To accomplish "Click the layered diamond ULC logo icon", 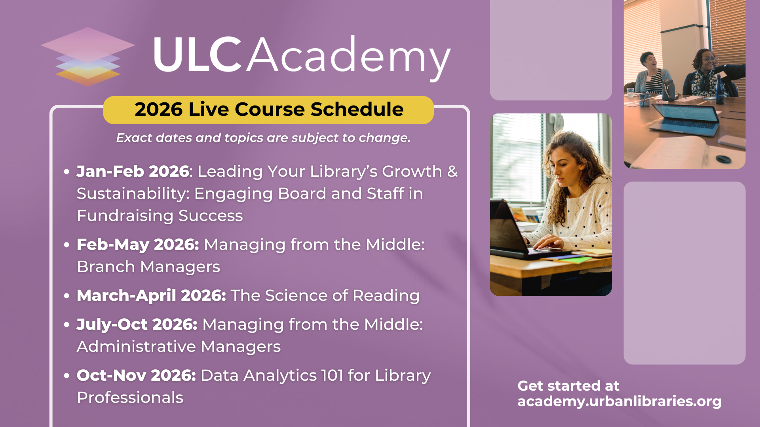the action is [x=88, y=57].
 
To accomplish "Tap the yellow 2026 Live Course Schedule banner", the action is [x=268, y=110].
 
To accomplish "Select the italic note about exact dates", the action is [x=263, y=138].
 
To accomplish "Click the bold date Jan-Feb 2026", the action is [x=133, y=171].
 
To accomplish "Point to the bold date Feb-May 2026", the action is [x=138, y=244].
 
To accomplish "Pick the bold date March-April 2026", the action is [x=151, y=295].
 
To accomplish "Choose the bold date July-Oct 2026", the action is [x=137, y=324].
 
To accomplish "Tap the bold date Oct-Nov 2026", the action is [x=136, y=375].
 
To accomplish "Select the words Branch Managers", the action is [x=148, y=267].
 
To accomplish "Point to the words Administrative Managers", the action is [x=179, y=347].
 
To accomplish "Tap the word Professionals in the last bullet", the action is [x=130, y=397].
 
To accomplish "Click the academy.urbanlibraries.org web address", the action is [x=619, y=401].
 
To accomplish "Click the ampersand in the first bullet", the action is [x=452, y=172].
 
